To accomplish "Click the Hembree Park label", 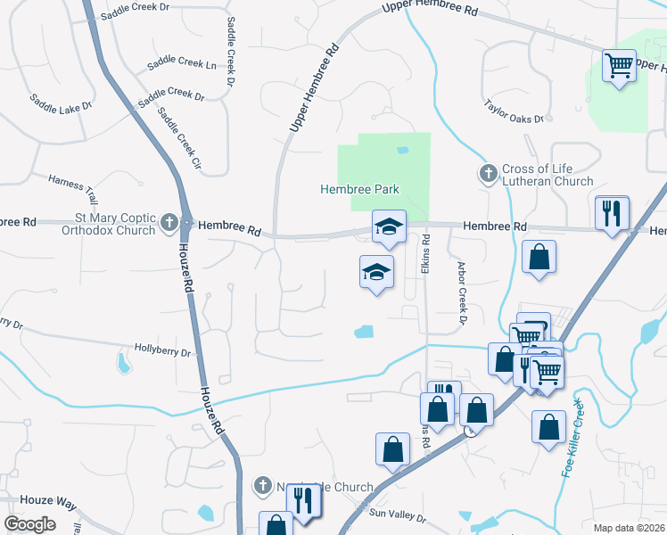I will click(359, 189).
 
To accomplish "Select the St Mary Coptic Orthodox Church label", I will click(101, 223).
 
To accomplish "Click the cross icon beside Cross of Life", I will click(488, 173).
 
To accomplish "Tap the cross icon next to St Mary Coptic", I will click(169, 223).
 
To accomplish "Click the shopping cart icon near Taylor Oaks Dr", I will click(618, 65).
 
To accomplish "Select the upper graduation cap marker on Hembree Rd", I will click(389, 227).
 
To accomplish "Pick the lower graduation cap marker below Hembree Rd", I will click(376, 271).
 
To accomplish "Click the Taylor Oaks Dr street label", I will click(514, 111).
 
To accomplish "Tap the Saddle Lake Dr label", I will click(61, 102).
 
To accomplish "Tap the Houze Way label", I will click(25, 503).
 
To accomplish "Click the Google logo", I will click(30, 524).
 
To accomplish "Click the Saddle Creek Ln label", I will click(186, 65).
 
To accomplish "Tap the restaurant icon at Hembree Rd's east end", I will click(613, 214).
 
